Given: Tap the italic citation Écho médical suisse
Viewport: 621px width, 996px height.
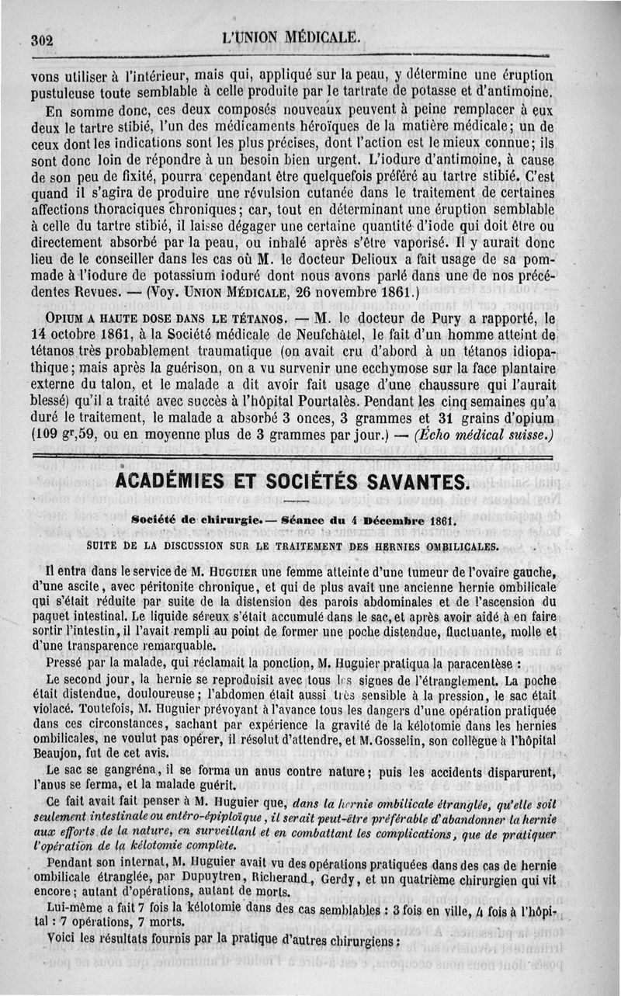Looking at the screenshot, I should point(485,435).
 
